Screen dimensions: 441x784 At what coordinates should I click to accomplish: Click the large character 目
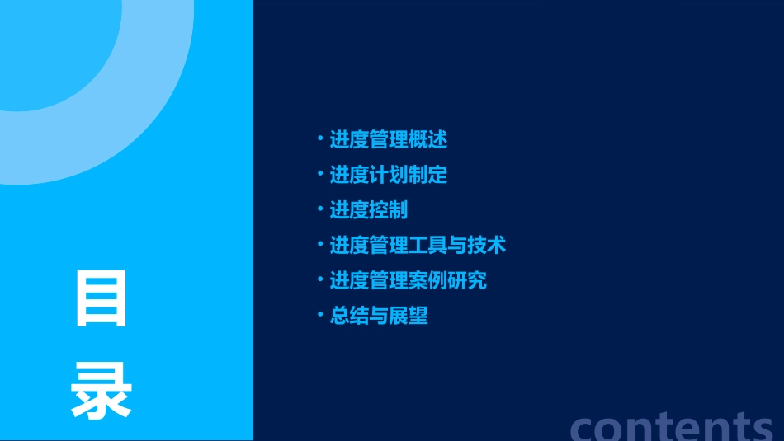click(102, 299)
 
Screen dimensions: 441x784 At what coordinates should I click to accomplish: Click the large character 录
click(102, 391)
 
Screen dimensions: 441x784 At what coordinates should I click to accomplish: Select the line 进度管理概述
click(388, 140)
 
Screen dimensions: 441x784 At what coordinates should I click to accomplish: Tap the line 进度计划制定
click(388, 175)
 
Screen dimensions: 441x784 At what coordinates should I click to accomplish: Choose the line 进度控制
click(368, 210)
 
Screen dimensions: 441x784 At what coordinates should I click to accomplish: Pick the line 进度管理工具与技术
click(418, 245)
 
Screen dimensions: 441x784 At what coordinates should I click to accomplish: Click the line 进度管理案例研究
click(408, 280)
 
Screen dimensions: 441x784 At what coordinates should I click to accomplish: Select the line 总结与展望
click(378, 316)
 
